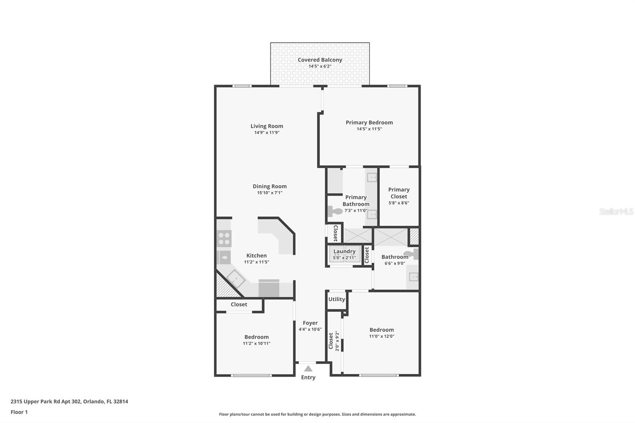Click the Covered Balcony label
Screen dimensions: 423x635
click(319, 60)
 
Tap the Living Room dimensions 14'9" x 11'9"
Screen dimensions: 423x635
click(267, 133)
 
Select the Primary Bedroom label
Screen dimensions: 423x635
click(369, 123)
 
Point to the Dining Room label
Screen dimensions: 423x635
click(269, 186)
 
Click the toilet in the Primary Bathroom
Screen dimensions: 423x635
click(335, 211)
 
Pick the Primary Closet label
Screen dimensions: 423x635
click(398, 193)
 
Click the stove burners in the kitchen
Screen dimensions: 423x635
click(224, 238)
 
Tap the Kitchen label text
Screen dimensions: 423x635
click(256, 256)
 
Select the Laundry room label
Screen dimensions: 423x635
click(344, 251)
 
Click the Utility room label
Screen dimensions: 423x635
click(337, 299)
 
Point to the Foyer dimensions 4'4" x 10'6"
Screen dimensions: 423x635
click(310, 329)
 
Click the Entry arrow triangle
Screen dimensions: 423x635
click(308, 369)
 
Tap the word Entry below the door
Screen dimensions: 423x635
click(308, 377)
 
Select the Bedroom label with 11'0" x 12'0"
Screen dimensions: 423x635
click(381, 330)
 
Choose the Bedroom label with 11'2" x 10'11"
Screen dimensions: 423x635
click(256, 337)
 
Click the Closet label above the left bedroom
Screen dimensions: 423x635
click(239, 304)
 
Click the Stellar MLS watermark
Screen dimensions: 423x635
click(616, 211)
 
